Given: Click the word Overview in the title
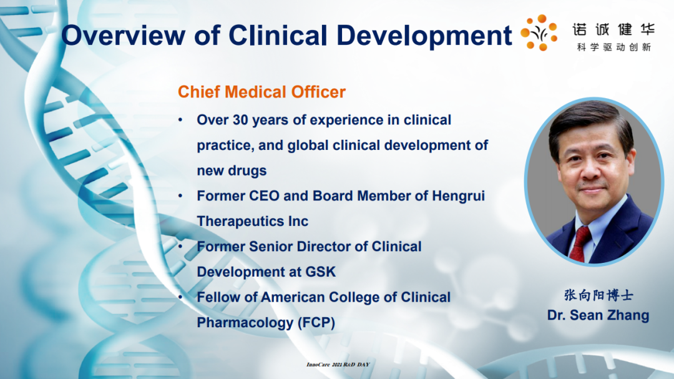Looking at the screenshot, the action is tap(124, 35).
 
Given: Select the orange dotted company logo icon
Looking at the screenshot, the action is tap(539, 32).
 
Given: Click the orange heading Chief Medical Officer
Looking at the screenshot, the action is tap(261, 92).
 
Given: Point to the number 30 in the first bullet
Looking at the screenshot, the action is tap(240, 120).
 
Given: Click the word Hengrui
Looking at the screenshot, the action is tap(458, 197).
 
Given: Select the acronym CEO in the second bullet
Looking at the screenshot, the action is tap(263, 196).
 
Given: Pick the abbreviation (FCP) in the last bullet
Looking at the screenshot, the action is tap(316, 323).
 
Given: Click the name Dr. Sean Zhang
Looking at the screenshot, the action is tap(598, 315).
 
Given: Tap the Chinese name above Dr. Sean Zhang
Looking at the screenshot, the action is tap(598, 295).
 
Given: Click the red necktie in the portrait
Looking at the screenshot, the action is tap(580, 244).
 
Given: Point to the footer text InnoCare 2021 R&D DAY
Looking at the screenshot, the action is tap(338, 365).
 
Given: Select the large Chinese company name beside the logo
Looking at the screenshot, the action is tap(613, 29).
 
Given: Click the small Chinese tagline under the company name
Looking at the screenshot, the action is tap(614, 47).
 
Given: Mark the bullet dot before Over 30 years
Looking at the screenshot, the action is tap(180, 120).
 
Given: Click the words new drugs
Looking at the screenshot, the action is tap(232, 171).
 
